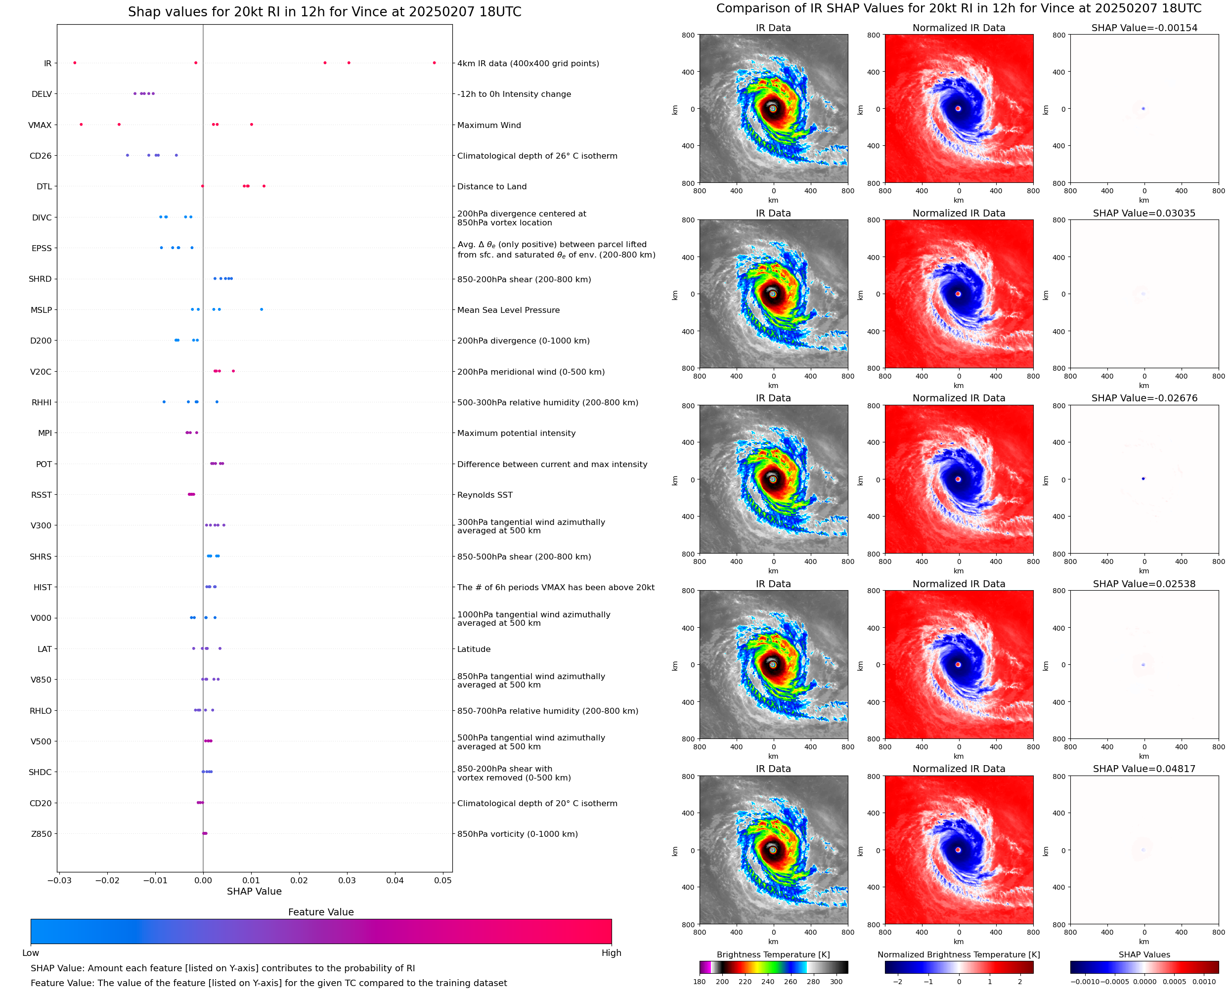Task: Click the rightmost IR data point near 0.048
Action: pyautogui.click(x=434, y=63)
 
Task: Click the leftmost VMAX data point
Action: pyautogui.click(x=81, y=124)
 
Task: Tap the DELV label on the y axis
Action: pyautogui.click(x=41, y=94)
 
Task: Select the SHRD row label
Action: pyautogui.click(x=40, y=279)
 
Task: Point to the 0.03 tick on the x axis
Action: pyautogui.click(x=347, y=880)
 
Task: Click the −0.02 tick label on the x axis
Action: pyautogui.click(x=107, y=880)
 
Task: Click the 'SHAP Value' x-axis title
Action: pyautogui.click(x=254, y=891)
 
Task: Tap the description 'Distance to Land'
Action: pyautogui.click(x=491, y=186)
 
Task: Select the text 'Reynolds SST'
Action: pyautogui.click(x=484, y=495)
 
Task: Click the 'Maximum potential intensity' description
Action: pyautogui.click(x=516, y=433)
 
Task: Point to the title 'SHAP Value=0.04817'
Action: pyautogui.click(x=1143, y=769)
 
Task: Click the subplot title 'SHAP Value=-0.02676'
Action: pyautogui.click(x=1143, y=398)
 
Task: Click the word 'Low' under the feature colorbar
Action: pyautogui.click(x=30, y=953)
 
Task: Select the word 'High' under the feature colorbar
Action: pyautogui.click(x=611, y=953)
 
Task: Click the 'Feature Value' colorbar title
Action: pyautogui.click(x=320, y=912)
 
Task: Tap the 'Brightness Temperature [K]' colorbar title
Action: pyautogui.click(x=773, y=954)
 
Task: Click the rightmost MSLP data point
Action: pyautogui.click(x=262, y=309)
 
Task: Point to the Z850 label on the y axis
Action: pyautogui.click(x=41, y=834)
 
